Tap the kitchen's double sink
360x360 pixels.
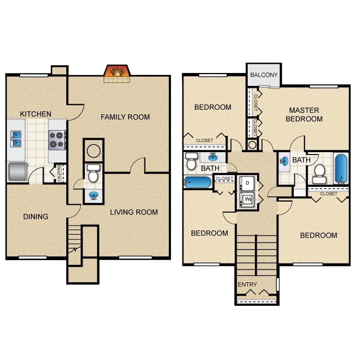point(16,139)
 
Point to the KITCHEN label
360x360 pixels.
point(36,114)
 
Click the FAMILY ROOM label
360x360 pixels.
point(125,117)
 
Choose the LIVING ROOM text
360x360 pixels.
point(133,212)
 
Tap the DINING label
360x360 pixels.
point(36,216)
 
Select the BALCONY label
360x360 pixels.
point(264,75)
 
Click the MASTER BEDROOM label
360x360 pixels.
point(304,114)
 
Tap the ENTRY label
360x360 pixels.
point(247,285)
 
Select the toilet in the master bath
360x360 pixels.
point(319,175)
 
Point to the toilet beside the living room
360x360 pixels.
point(94,173)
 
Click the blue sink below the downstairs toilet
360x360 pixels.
point(94,195)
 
